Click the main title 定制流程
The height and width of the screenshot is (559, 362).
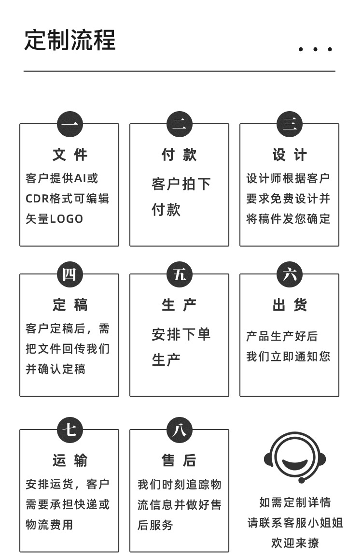point(70,40)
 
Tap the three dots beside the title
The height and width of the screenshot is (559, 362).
point(315,49)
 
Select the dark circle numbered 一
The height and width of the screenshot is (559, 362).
point(70,124)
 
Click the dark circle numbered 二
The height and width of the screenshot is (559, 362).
point(180,124)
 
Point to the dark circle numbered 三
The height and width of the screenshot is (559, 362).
point(290,124)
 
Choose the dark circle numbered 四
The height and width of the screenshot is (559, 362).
point(70,274)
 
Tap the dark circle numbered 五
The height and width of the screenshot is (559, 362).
point(180,274)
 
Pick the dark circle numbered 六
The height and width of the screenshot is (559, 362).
point(290,274)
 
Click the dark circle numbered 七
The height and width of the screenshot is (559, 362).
point(70,430)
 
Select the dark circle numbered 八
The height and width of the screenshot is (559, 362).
point(180,430)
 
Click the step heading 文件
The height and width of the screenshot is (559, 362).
point(70,155)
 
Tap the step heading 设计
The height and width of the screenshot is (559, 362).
point(290,155)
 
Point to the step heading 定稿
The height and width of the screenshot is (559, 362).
point(70,305)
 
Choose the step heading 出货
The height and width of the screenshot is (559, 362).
point(290,305)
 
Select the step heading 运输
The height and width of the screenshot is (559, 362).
point(70,461)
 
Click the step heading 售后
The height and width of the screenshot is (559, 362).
point(179,461)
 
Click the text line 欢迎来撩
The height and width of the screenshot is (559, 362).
point(295,543)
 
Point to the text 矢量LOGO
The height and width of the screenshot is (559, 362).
point(55,219)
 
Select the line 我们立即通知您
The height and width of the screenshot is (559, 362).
point(288,357)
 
